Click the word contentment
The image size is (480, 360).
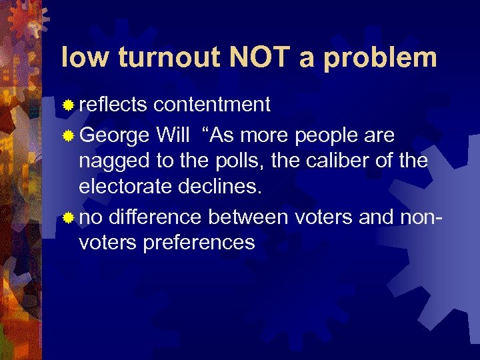[211, 105]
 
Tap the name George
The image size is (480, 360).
[114, 136]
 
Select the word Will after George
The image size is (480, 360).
[171, 135]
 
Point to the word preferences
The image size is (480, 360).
[199, 242]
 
